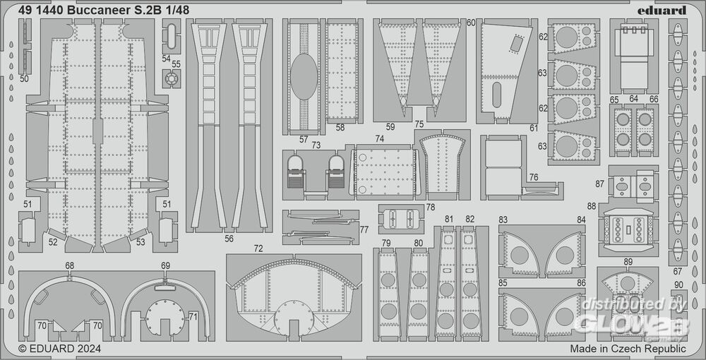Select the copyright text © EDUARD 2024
[60, 348]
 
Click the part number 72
[258, 248]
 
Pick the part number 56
[229, 239]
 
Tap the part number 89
[628, 263]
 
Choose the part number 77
[364, 229]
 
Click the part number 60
[471, 23]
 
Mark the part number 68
[69, 266]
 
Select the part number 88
[591, 205]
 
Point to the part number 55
[176, 64]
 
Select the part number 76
[534, 177]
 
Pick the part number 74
[380, 139]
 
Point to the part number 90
[678, 284]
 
